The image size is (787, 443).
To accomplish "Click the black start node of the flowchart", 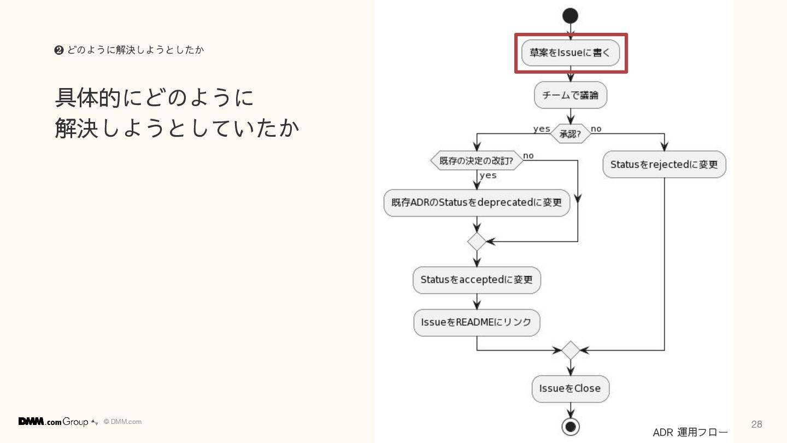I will click(570, 16).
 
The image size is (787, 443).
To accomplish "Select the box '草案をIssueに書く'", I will click(570, 53).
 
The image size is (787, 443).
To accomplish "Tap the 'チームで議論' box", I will click(570, 96).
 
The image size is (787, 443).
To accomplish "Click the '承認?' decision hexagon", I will click(570, 133).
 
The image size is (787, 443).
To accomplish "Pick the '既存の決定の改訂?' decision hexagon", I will click(477, 161).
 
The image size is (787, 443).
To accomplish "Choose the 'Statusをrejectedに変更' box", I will click(664, 165).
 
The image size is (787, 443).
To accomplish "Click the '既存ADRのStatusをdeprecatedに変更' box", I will click(477, 202).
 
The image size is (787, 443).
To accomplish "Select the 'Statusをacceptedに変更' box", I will click(477, 280).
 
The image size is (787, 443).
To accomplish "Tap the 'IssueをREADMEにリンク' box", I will click(477, 323).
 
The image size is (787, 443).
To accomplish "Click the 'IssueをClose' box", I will click(570, 389).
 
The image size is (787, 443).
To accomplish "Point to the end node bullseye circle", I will click(570, 426).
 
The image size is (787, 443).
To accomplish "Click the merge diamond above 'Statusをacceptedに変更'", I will click(477, 241).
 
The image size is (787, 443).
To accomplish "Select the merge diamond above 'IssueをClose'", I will click(570, 350).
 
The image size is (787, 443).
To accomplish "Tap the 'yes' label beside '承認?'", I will click(542, 129).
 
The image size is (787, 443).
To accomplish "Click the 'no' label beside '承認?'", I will click(596, 129).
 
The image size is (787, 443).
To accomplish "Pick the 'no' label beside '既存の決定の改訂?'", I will click(528, 155).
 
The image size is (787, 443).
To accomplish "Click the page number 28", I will click(756, 424).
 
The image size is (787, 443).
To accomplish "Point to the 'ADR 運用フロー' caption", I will click(690, 433).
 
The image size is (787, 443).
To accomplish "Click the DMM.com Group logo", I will click(54, 422).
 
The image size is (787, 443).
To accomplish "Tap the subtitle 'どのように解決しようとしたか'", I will click(135, 50).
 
